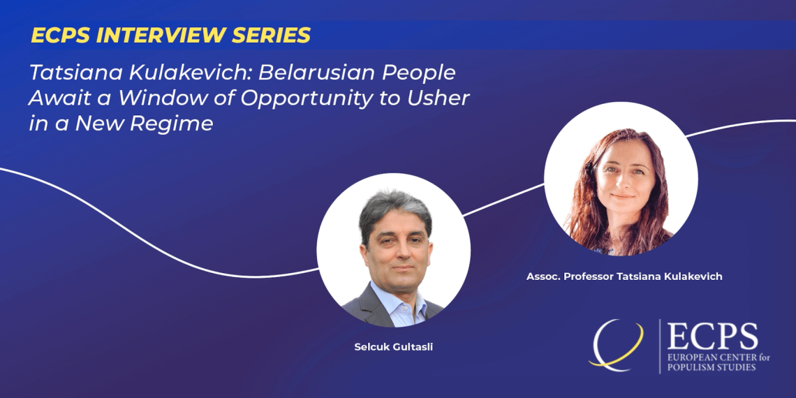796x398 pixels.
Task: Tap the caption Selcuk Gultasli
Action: (x=393, y=348)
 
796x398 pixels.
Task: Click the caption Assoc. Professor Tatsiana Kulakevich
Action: (x=624, y=277)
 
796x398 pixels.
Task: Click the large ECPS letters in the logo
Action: (x=712, y=337)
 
